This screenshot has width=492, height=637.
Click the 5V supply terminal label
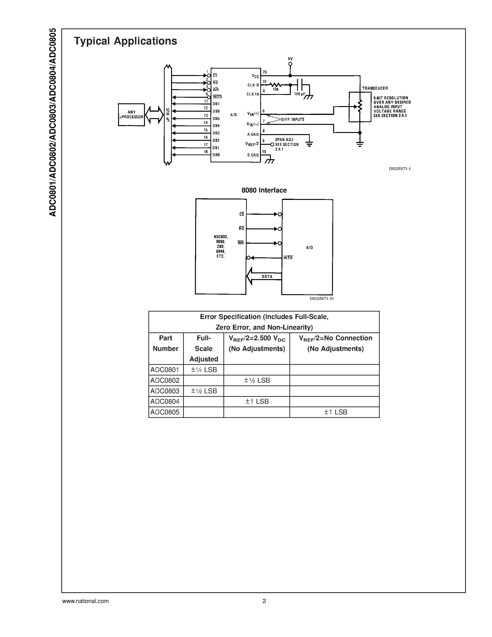point(290,59)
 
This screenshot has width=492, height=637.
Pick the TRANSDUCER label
point(375,88)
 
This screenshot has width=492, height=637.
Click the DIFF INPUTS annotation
point(293,119)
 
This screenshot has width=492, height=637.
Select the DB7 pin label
point(216,104)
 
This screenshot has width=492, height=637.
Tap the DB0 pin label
point(216,155)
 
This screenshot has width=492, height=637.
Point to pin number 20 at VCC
point(265,72)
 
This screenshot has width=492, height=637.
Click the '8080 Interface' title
point(264,190)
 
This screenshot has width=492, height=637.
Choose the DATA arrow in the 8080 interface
point(264,276)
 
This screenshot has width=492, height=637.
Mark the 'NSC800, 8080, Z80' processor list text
point(221,246)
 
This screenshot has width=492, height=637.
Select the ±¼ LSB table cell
point(204,370)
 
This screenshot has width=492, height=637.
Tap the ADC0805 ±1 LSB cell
point(335,412)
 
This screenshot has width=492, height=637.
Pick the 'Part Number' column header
point(166,343)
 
